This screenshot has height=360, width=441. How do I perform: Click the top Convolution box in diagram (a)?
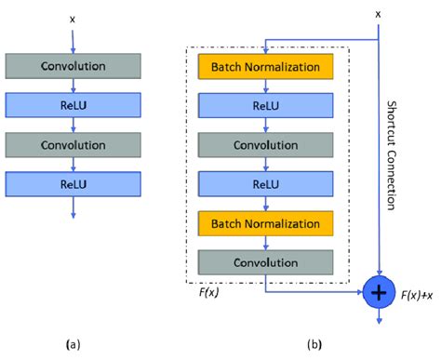pos(73,66)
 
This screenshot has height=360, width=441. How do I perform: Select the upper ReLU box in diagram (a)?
pos(73,105)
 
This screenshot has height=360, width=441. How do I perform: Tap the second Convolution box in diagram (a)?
pos(73,144)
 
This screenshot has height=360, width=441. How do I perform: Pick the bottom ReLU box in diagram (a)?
pos(73,183)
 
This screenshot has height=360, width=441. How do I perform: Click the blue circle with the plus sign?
pos(378,292)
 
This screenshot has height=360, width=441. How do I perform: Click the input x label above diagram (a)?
pos(73,18)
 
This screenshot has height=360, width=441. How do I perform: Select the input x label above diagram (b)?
pos(378,14)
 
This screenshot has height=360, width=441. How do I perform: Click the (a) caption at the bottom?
pos(73,345)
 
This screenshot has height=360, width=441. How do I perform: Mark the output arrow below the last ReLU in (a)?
pos(73,210)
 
